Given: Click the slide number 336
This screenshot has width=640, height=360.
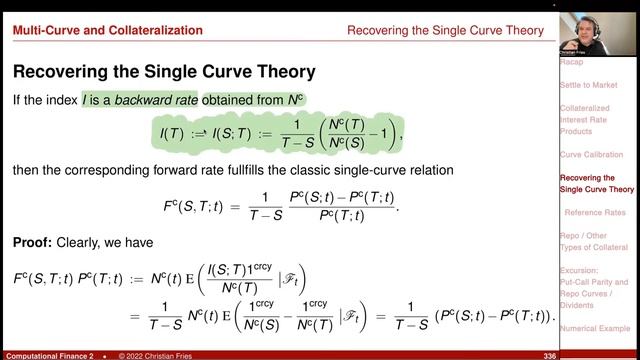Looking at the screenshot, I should [548, 355].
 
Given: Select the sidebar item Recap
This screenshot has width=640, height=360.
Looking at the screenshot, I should [572, 59].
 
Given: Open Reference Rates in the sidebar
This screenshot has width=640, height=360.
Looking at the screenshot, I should [595, 213].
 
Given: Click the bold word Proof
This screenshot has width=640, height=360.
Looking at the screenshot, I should [33, 242].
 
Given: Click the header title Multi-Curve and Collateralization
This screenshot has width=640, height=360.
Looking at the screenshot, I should [107, 31].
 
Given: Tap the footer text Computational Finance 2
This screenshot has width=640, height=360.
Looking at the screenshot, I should [49, 355].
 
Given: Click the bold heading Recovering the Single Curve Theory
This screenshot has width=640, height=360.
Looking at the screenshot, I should [164, 72].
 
